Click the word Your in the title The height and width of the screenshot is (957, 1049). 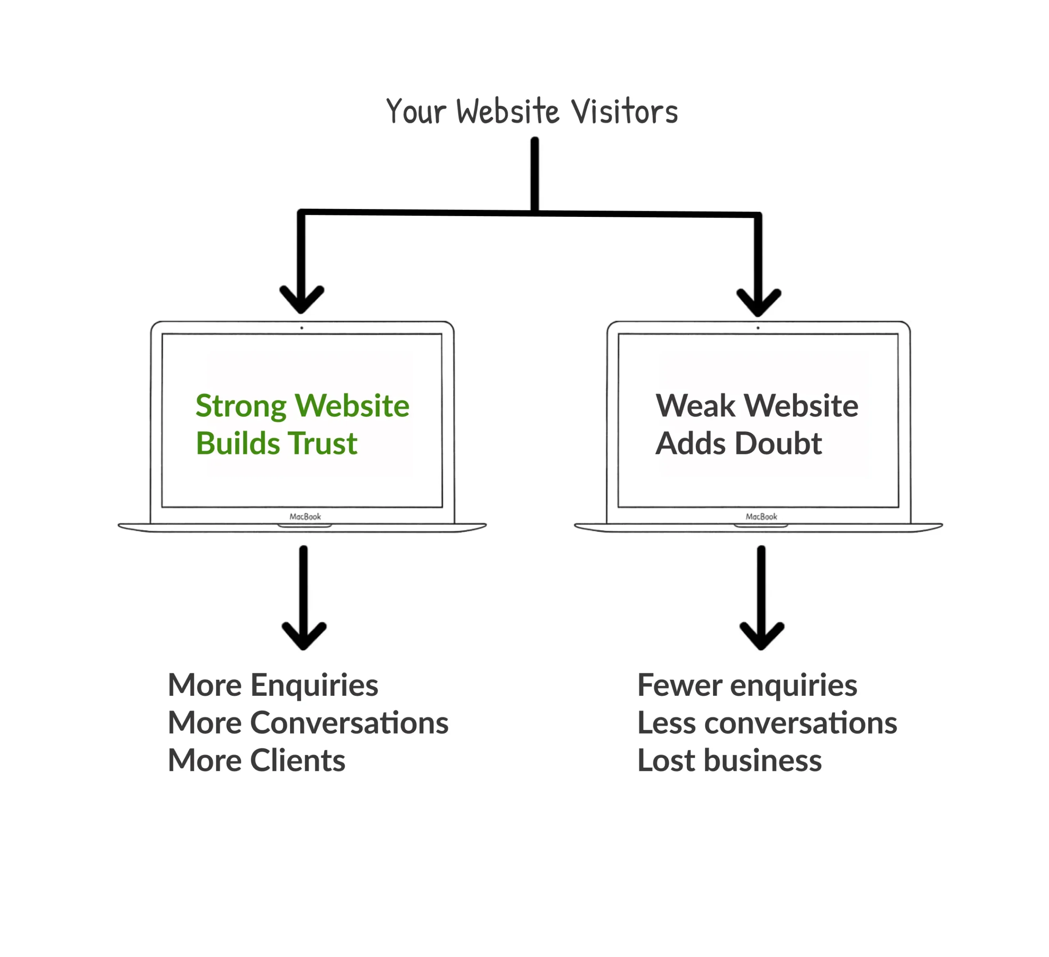tap(416, 112)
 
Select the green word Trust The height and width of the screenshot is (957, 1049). tap(322, 444)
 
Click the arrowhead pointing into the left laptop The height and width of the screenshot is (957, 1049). tap(302, 302)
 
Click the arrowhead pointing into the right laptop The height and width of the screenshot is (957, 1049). tap(758, 305)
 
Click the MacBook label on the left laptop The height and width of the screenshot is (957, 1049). tap(305, 517)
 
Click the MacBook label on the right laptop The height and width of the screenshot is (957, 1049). tap(761, 517)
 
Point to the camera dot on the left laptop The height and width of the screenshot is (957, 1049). tap(302, 328)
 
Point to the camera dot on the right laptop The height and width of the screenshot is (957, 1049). tap(758, 328)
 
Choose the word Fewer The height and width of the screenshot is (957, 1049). tap(679, 685)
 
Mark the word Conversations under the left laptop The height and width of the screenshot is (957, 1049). tap(349, 723)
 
